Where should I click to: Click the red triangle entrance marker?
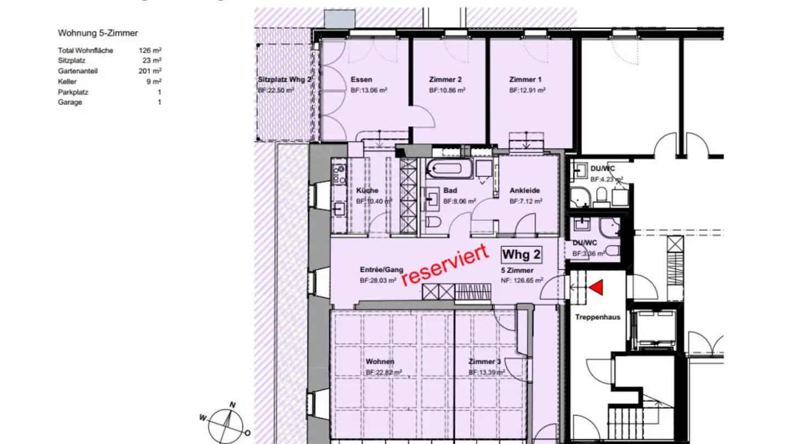pyautogui.click(x=596, y=287)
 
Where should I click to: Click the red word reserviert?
pyautogui.click(x=445, y=265)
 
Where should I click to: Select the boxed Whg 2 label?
pyautogui.click(x=521, y=254)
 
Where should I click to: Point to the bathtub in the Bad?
pyautogui.click(x=449, y=169)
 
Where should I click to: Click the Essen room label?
pyautogui.click(x=361, y=80)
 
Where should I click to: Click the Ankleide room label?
pyautogui.click(x=524, y=191)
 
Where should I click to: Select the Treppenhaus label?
pyautogui.click(x=597, y=317)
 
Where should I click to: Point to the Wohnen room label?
pyautogui.click(x=380, y=362)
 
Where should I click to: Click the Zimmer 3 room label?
pyautogui.click(x=484, y=362)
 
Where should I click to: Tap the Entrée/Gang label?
pyautogui.click(x=381, y=270)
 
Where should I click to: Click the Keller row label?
pyautogui.click(x=67, y=82)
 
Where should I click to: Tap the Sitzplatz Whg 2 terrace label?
pyautogui.click(x=285, y=80)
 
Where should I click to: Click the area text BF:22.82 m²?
pyautogui.click(x=384, y=372)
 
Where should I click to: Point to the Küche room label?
pyautogui.click(x=367, y=191)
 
